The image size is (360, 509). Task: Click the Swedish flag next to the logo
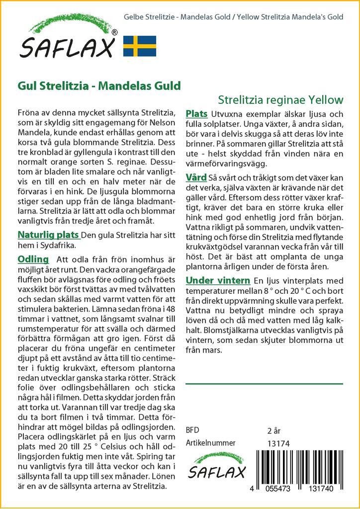[x=140, y=45]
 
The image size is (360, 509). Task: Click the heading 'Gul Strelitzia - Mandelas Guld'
[x=99, y=85]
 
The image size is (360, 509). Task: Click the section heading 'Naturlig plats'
[x=48, y=234]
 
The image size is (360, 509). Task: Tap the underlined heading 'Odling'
[x=33, y=259]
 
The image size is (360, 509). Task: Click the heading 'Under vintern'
[x=217, y=280]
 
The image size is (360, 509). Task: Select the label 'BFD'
[x=192, y=430]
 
